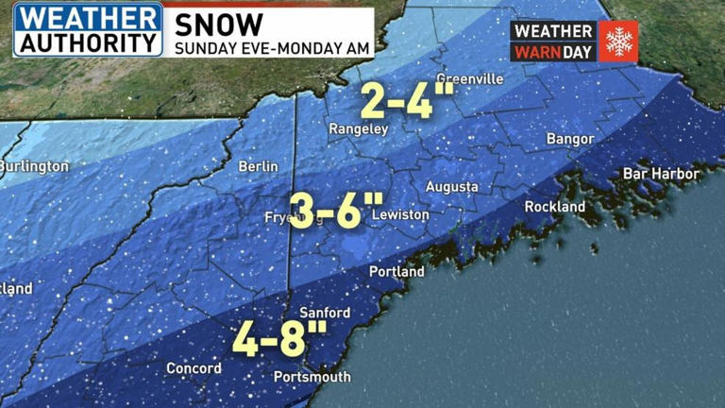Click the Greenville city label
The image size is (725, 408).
pos(469,79)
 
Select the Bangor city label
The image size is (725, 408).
pos(570,140)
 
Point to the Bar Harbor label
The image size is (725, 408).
pos(661,174)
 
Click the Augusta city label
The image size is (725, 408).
pos(451,187)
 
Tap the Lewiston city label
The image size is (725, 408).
pos(400,215)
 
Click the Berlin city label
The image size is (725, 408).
pos(258,166)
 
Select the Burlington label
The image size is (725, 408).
pos(34,166)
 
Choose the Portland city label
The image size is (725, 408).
pos(396,271)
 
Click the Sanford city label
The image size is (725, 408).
pos(324,313)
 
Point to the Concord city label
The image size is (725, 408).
pos(194,367)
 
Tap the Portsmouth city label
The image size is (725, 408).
pos(312,377)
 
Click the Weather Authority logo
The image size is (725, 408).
pos(88,29)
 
